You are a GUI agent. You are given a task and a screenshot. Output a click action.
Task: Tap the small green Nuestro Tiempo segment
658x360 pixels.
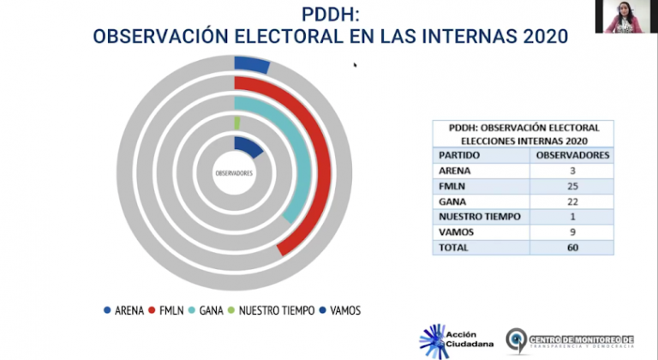coord(237,123)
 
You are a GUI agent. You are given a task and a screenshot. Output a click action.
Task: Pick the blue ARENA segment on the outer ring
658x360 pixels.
coord(251,64)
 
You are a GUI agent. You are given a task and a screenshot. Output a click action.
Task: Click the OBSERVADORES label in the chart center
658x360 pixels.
coord(233,174)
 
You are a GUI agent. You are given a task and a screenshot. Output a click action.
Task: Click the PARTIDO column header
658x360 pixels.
coord(459,155)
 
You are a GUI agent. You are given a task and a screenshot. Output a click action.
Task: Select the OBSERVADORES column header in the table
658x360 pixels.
coord(572,155)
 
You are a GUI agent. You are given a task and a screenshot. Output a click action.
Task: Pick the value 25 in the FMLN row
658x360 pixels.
coord(572,186)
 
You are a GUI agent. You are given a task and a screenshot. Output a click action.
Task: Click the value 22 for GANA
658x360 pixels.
coord(572,201)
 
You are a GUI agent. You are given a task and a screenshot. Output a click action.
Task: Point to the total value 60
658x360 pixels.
coord(572,248)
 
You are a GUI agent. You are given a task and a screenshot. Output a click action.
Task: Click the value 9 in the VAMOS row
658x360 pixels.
coord(572,232)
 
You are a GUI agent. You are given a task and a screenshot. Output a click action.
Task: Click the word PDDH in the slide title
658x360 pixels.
coord(329,15)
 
